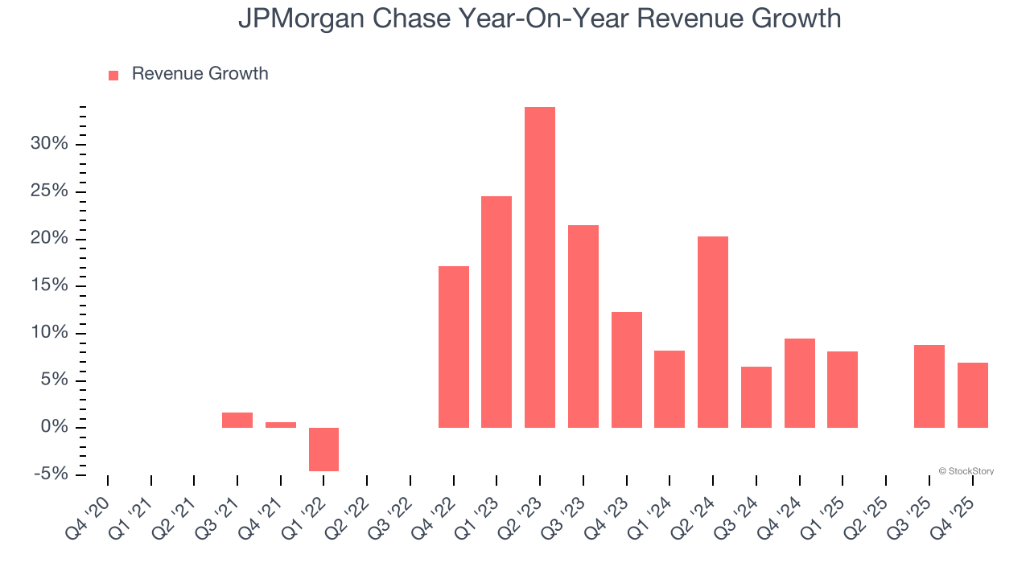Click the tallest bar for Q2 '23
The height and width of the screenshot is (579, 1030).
click(x=539, y=267)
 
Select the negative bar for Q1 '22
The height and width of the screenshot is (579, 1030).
click(x=323, y=449)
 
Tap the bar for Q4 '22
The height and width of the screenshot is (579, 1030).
click(x=453, y=347)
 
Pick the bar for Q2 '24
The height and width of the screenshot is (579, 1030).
click(x=712, y=331)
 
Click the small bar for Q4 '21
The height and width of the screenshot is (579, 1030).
click(x=280, y=425)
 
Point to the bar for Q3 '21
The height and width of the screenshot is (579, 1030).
click(x=237, y=420)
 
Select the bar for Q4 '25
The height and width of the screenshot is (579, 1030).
click(x=972, y=395)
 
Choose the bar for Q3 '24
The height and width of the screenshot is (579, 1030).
click(x=756, y=396)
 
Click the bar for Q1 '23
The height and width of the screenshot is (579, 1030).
click(x=496, y=312)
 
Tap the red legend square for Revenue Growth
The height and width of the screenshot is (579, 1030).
click(x=113, y=75)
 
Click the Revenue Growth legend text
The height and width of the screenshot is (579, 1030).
click(x=200, y=74)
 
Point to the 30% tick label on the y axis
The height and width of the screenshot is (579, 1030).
click(x=49, y=144)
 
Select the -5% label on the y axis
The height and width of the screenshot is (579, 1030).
click(x=51, y=474)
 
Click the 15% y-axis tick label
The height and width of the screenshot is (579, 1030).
click(x=49, y=285)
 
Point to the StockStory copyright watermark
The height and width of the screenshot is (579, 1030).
click(x=966, y=471)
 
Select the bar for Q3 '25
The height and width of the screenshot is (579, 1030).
click(x=929, y=386)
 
